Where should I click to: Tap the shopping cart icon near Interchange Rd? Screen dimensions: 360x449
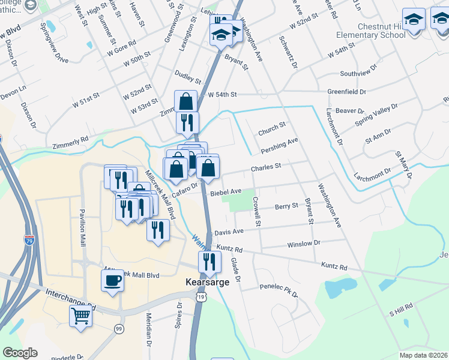click(x=80, y=315)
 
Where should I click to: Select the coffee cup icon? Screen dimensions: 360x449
click(x=112, y=280)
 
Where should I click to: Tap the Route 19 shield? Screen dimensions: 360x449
click(x=200, y=297)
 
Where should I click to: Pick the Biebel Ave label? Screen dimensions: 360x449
click(x=225, y=191)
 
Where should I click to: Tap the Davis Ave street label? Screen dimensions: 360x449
click(x=229, y=232)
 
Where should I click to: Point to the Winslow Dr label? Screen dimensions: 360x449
click(x=304, y=244)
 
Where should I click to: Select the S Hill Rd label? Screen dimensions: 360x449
click(x=402, y=310)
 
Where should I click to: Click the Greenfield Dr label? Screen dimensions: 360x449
click(x=346, y=92)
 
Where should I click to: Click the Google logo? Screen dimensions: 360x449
click(x=20, y=353)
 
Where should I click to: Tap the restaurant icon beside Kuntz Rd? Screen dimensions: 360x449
click(x=209, y=261)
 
